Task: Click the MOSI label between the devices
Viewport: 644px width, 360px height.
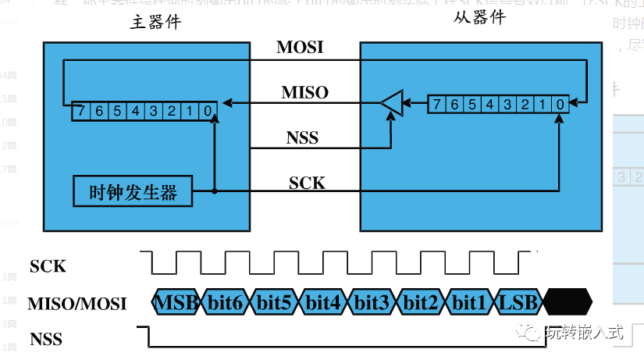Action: (x=300, y=48)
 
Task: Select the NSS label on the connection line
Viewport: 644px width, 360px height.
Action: (x=303, y=138)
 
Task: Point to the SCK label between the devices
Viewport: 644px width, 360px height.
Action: (x=307, y=184)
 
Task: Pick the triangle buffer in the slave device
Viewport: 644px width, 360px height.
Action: (x=393, y=103)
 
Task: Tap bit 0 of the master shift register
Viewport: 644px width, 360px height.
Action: (x=207, y=111)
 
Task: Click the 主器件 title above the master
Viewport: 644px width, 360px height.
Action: (x=156, y=23)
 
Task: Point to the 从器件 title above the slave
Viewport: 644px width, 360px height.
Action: (x=479, y=17)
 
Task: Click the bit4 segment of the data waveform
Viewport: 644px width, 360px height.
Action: (x=323, y=302)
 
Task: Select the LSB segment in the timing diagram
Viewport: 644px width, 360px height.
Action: (x=518, y=302)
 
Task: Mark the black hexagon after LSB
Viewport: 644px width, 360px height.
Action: (x=568, y=302)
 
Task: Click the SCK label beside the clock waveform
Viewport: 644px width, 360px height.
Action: (x=48, y=266)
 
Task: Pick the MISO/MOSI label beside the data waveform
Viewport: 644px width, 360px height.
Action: (x=76, y=304)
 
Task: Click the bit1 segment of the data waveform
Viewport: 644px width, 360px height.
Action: (x=470, y=302)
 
